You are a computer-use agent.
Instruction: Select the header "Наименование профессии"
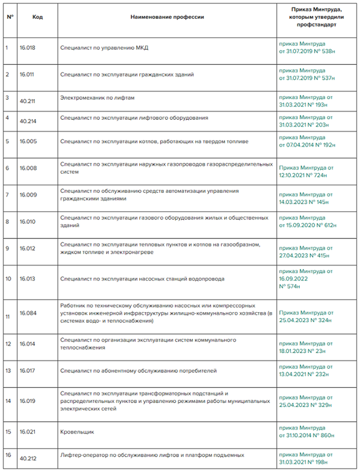(167, 17)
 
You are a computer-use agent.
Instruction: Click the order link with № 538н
(306, 48)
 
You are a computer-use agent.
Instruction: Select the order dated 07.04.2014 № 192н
(306, 141)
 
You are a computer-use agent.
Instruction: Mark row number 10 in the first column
(8, 278)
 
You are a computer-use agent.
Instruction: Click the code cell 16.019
(28, 401)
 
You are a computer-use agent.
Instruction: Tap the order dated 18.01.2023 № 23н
(306, 344)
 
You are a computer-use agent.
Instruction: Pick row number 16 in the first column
(8, 454)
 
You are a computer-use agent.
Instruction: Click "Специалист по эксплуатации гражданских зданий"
(127, 74)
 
